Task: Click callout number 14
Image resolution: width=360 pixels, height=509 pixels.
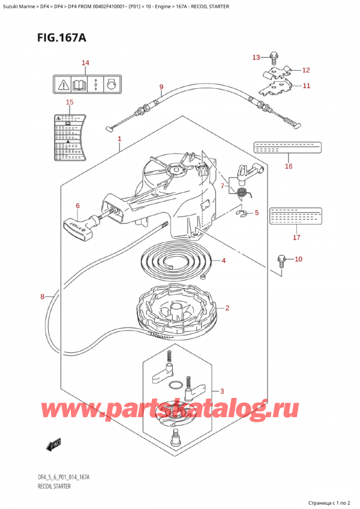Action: (85, 63)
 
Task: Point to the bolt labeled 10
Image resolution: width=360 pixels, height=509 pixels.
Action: (280, 261)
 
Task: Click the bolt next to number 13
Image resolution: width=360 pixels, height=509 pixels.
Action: (274, 59)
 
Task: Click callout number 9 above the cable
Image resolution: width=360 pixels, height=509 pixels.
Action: (161, 87)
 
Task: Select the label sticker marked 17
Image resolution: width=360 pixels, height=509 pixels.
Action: (295, 215)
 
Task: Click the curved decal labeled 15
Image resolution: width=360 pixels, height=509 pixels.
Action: (70, 134)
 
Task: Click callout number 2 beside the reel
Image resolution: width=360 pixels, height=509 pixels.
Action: (227, 309)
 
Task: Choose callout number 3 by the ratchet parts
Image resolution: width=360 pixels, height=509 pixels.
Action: (223, 391)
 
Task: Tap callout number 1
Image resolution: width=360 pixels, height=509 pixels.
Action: (119, 139)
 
